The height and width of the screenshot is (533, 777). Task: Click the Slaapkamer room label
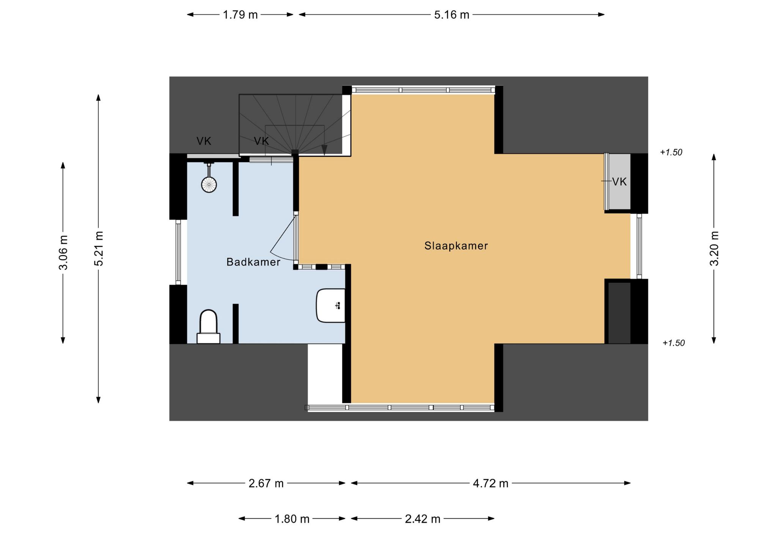[456, 246]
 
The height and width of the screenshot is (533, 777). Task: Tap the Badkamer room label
[253, 262]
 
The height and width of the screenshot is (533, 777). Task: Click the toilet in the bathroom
[208, 326]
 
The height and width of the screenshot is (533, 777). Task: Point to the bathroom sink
[331, 306]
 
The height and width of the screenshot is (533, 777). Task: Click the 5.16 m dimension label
[451, 15]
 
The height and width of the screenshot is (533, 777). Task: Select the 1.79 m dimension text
[240, 15]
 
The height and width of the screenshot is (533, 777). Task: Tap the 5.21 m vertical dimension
[99, 249]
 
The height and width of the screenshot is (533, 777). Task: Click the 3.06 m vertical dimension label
[63, 252]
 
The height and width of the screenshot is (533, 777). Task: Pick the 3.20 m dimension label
[714, 248]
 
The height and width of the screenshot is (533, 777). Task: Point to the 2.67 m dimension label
[266, 483]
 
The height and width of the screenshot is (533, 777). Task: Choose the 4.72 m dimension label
[491, 483]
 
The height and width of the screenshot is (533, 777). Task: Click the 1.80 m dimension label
[292, 519]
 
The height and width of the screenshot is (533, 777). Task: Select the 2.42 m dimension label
[423, 519]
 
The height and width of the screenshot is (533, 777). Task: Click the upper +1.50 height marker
[671, 152]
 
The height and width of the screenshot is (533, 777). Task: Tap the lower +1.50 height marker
[673, 343]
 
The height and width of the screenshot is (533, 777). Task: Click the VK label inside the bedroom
[620, 182]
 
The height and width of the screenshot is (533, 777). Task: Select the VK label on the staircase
[261, 141]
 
